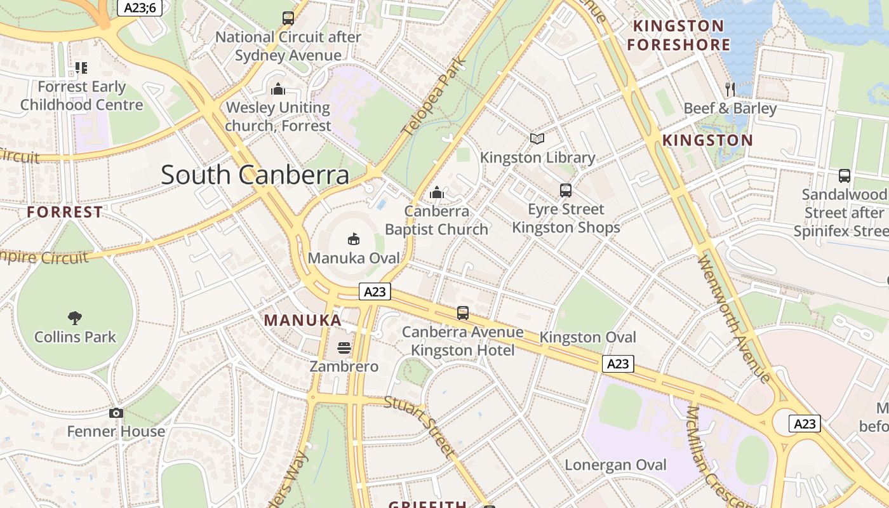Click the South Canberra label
[x=255, y=175]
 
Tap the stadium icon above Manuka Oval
[x=354, y=239]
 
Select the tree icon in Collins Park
[x=75, y=317]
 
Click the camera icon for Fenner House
[x=116, y=413]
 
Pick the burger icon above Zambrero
[x=344, y=348]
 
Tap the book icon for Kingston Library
[x=537, y=138]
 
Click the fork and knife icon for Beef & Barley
[x=730, y=89]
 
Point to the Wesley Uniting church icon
[x=277, y=89]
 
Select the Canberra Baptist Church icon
[x=437, y=192]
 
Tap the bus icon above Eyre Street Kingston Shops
[x=565, y=190]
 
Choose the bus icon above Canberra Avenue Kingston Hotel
[x=463, y=313]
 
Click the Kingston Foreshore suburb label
[x=678, y=36]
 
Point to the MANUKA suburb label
[x=303, y=320]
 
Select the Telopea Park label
[x=435, y=97]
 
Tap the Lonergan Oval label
[x=615, y=465]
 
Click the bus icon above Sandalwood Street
[x=844, y=176]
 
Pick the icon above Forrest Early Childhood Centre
[x=81, y=67]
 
